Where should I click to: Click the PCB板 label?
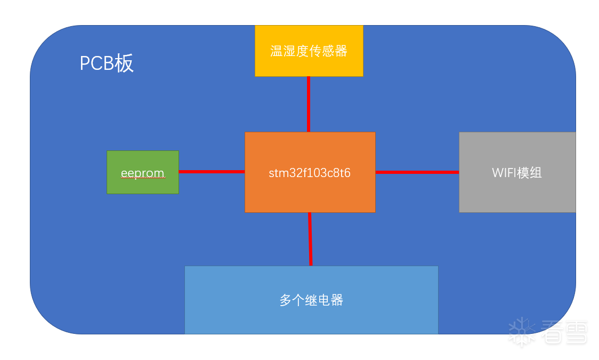click(107, 63)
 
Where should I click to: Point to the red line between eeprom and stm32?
click(212, 172)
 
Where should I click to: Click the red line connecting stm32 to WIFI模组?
click(417, 172)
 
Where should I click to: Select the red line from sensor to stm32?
click(309, 104)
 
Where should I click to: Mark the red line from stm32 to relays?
click(310, 238)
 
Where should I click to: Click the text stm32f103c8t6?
click(310, 173)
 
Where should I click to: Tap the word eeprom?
click(142, 173)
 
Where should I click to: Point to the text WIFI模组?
click(517, 173)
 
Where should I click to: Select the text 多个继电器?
click(311, 300)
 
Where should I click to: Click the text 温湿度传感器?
click(309, 51)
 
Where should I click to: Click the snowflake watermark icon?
click(522, 332)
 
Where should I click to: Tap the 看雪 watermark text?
click(564, 332)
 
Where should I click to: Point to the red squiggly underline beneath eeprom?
click(142, 179)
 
